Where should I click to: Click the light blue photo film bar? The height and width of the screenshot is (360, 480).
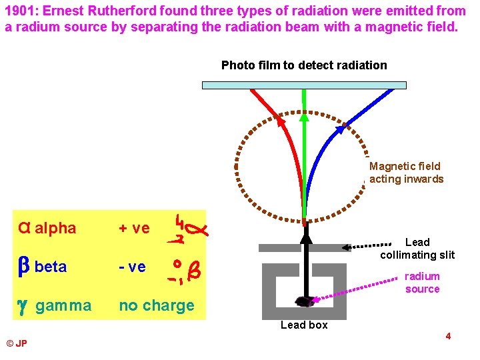[304, 85]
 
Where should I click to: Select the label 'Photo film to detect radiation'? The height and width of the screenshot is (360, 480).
[304, 65]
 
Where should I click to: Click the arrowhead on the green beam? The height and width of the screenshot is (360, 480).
[304, 118]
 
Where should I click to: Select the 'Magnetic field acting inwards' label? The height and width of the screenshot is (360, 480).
[406, 173]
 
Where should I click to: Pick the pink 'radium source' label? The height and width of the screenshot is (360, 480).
[422, 283]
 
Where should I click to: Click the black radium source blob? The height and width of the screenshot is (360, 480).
[305, 301]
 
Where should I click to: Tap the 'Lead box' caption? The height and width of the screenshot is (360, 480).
[304, 325]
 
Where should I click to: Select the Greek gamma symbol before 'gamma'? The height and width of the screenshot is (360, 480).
[23, 305]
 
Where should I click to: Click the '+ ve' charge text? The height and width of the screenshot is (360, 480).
[134, 229]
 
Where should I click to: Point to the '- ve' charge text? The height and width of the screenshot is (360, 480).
[132, 267]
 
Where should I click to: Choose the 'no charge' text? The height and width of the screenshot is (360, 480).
[157, 306]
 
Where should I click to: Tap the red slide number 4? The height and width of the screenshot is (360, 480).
[448, 336]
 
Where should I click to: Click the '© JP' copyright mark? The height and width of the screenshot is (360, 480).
[17, 343]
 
